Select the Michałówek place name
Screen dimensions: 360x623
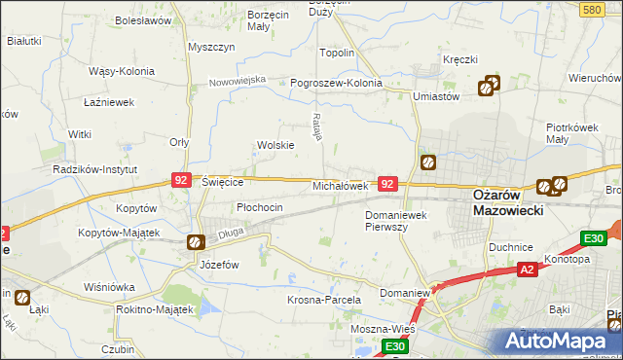coord(339,185)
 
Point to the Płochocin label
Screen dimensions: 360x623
coord(260,207)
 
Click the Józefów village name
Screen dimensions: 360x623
coord(219,264)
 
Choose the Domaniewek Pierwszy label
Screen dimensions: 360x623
coord(400,220)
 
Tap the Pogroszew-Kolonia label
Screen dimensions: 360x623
coord(337,83)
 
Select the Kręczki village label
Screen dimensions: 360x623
coord(459,60)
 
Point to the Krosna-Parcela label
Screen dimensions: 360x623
coord(324,301)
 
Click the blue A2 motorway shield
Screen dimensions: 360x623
coord(527,270)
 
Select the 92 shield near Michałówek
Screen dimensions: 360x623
coord(387,183)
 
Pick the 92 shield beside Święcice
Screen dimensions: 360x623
coord(181,180)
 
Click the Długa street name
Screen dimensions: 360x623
coord(231,233)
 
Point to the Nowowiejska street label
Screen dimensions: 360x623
coord(238,81)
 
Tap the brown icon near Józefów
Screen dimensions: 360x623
coord(196,242)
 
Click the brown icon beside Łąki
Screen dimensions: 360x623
coord(21,299)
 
